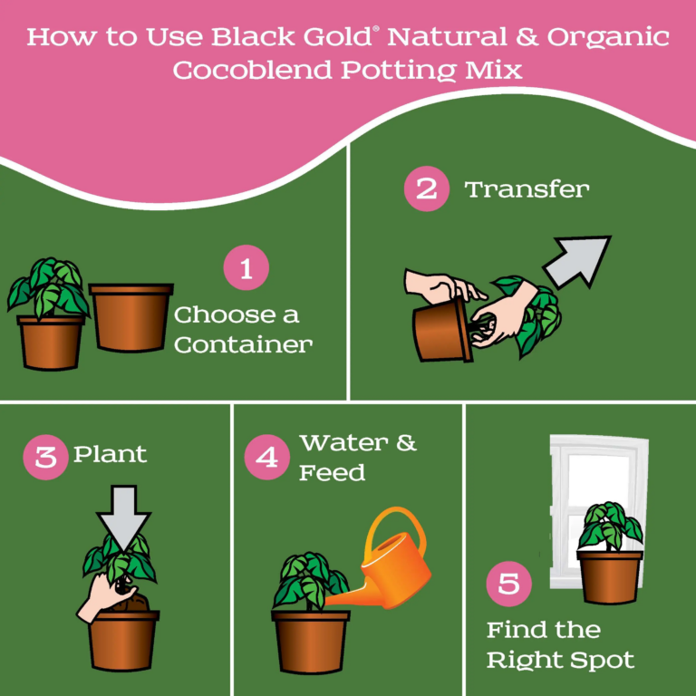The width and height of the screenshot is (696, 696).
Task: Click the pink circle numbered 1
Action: [x=246, y=267]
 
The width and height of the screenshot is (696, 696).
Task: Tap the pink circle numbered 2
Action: [x=427, y=188]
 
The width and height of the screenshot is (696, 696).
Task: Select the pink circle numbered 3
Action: [x=45, y=457]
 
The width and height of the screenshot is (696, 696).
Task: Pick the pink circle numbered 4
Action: [x=266, y=457]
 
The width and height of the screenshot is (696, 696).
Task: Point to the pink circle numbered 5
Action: [x=508, y=584]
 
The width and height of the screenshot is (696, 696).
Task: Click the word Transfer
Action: [x=527, y=189]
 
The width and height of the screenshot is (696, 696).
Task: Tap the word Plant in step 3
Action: [x=110, y=454]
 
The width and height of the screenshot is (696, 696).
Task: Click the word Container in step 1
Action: [x=243, y=345]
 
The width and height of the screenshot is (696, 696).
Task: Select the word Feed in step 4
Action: [x=332, y=472]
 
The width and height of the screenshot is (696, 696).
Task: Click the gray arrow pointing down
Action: [x=123, y=517]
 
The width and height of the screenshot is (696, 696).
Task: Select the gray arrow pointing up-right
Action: [x=577, y=261]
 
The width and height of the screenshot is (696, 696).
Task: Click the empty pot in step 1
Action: [x=130, y=317]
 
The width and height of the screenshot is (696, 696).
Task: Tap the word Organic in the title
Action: [x=608, y=38]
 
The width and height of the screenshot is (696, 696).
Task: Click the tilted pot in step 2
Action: [x=442, y=330]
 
